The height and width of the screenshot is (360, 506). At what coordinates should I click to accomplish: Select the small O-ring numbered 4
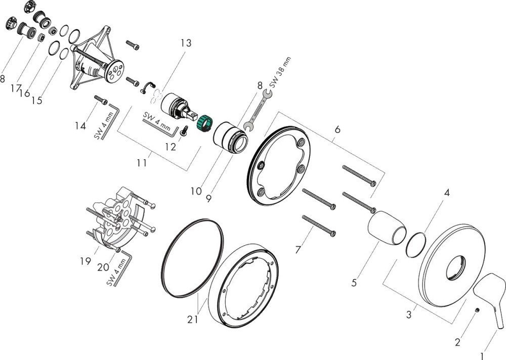(x=417, y=245)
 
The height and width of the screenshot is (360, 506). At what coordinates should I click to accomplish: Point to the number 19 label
(x=85, y=261)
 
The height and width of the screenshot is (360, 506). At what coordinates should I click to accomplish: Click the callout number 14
(x=80, y=126)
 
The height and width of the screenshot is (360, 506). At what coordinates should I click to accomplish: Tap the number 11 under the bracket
(x=142, y=163)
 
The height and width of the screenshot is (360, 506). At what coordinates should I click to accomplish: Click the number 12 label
(x=171, y=147)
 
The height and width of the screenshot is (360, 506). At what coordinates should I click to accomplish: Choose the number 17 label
(x=16, y=88)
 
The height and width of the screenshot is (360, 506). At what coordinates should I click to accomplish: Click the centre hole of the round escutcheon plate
(x=457, y=267)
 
